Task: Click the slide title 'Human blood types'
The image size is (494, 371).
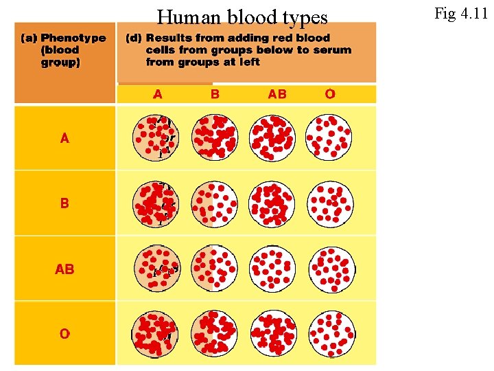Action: [x=242, y=16]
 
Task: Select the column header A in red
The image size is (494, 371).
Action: [x=158, y=94]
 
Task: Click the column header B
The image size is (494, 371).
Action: [x=215, y=94]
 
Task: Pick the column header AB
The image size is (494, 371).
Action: [x=277, y=94]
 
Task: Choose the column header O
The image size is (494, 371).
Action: [x=330, y=94]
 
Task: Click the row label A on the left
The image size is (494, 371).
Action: [x=64, y=138]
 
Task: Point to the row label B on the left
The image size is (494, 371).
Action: [x=64, y=203]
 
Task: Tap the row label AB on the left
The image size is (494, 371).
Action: [x=64, y=269]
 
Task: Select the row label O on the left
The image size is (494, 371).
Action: [x=64, y=334]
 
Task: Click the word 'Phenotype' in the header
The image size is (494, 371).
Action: [x=73, y=38]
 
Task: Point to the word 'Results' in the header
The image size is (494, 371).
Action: [x=170, y=38]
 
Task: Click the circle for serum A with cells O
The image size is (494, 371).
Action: [x=330, y=137]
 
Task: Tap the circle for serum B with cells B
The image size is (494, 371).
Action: [x=215, y=204]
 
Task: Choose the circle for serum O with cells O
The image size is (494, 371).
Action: [x=330, y=334]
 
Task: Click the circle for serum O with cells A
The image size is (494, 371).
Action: [x=156, y=334]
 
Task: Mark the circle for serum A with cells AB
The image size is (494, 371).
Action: [x=272, y=137]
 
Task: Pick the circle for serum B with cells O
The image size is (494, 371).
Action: [x=330, y=204]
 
